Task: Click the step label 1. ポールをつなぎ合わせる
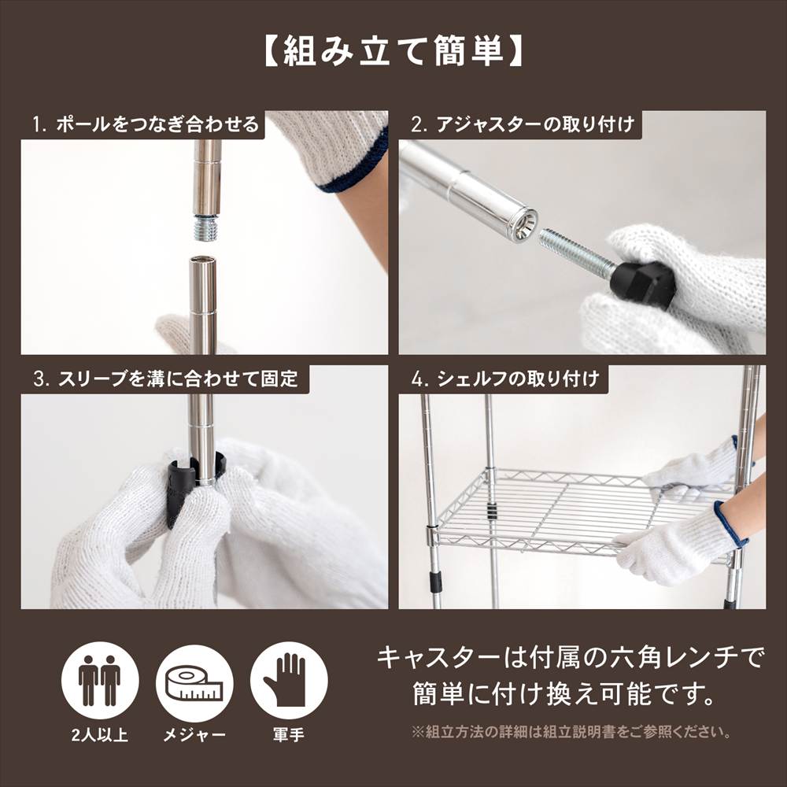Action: (x=146, y=124)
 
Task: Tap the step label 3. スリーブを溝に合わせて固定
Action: (x=165, y=379)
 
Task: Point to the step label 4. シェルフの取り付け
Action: (x=504, y=379)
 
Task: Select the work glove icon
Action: (x=288, y=681)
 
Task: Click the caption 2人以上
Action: (x=100, y=736)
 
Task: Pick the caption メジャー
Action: (x=194, y=736)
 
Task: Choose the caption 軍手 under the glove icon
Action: (x=288, y=736)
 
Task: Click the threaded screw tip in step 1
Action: (x=207, y=228)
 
